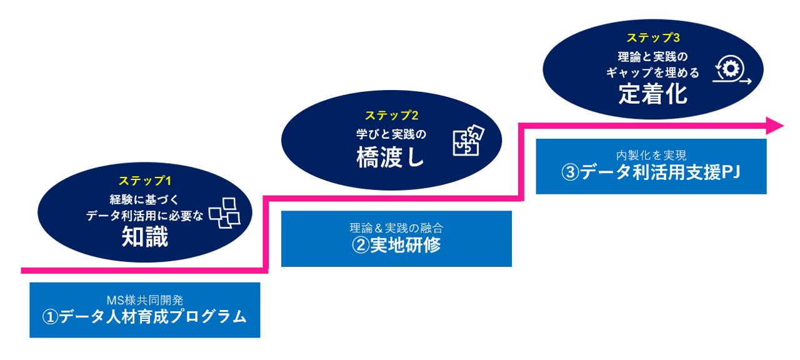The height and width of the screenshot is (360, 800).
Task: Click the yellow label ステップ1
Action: pos(145,181)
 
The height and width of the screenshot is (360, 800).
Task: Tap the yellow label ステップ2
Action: pos(391,116)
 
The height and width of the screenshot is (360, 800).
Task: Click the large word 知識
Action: pos(145,237)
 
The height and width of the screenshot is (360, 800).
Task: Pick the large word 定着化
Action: pos(652,94)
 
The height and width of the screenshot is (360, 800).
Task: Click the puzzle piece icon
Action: pos(468,141)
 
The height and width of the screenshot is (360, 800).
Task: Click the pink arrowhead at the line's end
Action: pos(775,125)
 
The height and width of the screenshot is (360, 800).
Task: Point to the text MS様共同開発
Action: pos(144,301)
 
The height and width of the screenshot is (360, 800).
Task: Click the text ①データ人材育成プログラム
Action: pos(144,317)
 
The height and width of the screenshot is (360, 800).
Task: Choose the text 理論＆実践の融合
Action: pos(396,228)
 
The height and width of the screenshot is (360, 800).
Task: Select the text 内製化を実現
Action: pos(651,156)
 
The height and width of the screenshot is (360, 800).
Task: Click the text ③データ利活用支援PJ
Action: pos(651,172)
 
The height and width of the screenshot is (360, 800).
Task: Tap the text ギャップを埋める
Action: pos(652,73)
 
